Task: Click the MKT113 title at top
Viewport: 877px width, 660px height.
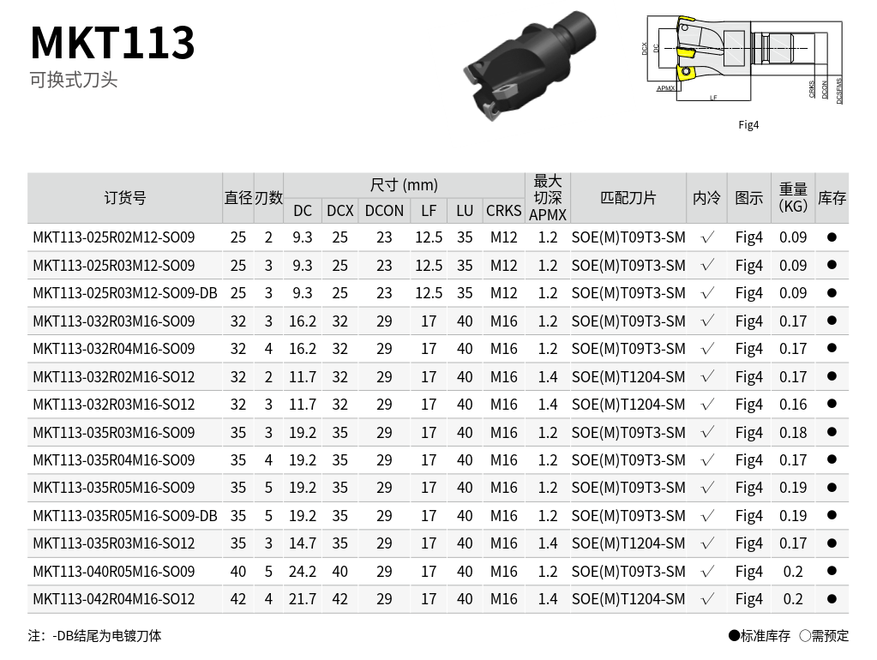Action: [x=112, y=42]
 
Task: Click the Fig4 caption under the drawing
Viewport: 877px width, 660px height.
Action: [x=748, y=125]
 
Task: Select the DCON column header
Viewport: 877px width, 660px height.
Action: [x=384, y=211]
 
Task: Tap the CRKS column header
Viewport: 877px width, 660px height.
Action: [x=503, y=211]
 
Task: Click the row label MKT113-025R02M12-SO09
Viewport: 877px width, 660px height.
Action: [x=113, y=237]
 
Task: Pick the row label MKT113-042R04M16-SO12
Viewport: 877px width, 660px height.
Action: [x=113, y=599]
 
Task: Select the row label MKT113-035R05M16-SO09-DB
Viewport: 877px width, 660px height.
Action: [x=124, y=516]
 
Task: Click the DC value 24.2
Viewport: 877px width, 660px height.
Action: [x=303, y=572]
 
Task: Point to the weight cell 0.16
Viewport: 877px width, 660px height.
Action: [x=793, y=405]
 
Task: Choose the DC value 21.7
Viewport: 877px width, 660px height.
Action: [x=303, y=599]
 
